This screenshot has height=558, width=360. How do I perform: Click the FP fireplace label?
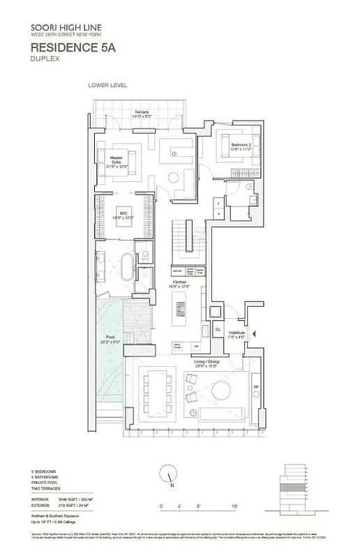coord(256,387)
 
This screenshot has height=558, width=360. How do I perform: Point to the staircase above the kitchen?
coord(184,240)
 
